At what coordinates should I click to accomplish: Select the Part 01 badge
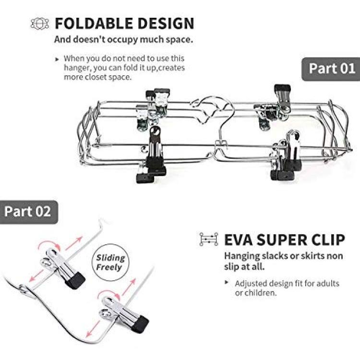(x=331, y=69)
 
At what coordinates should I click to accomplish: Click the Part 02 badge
(x=29, y=212)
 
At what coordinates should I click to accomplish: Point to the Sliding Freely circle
(x=110, y=262)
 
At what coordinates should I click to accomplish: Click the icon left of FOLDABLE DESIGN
(x=40, y=24)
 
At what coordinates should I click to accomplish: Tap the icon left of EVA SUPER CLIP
(x=208, y=239)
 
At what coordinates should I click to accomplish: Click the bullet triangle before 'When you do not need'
(x=57, y=60)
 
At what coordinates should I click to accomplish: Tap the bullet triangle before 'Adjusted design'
(x=227, y=282)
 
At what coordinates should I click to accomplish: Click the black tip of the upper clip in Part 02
(x=75, y=281)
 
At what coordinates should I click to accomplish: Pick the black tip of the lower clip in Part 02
(x=140, y=324)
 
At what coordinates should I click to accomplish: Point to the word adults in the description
(x=328, y=284)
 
